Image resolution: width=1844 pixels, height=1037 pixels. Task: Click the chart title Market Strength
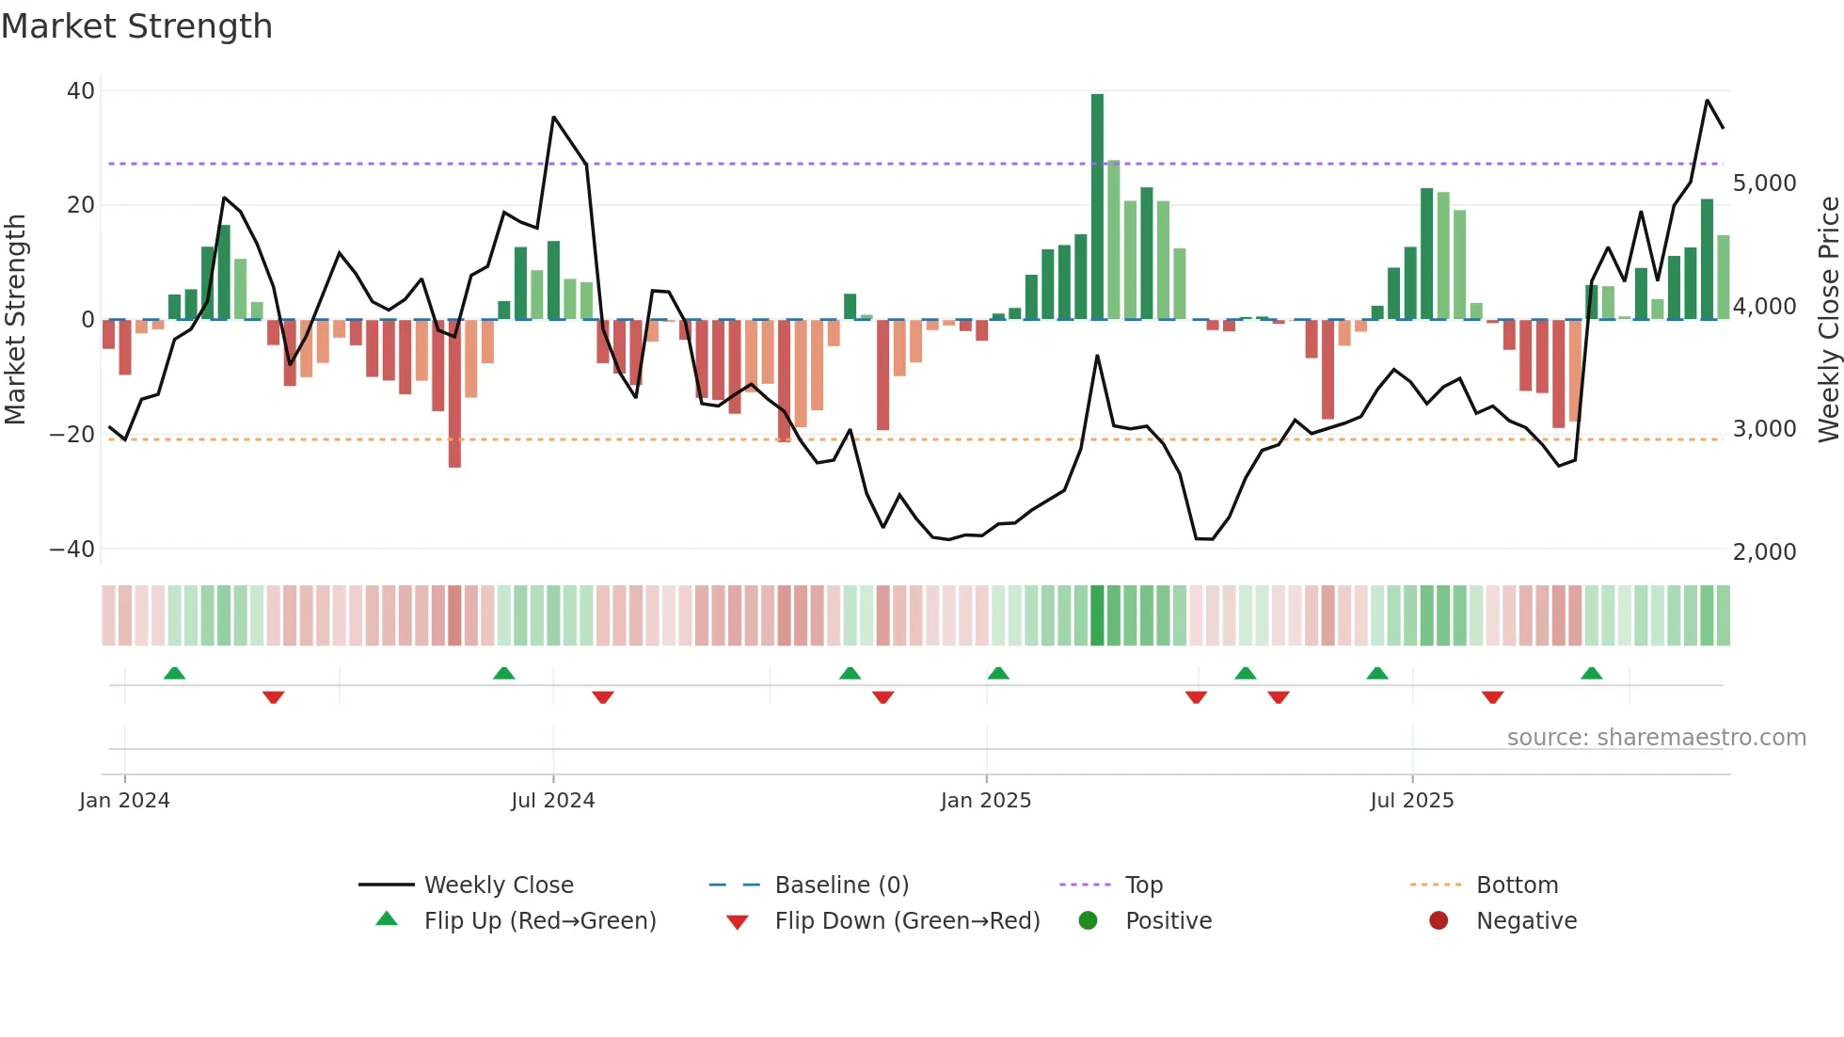136,26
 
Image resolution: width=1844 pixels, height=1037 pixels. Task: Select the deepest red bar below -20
454,393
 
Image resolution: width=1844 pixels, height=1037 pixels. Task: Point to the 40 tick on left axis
81,91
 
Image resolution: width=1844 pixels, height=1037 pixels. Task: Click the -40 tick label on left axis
72,550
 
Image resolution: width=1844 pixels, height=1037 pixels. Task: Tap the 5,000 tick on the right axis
1764,183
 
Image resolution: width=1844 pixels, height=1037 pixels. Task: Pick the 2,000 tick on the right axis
1764,552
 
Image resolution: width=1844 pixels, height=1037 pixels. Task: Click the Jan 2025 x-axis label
985,801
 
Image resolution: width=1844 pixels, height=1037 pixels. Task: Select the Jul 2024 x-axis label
552,801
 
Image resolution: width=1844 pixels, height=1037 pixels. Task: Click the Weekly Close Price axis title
1828,320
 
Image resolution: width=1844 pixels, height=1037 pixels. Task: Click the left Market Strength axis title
15,320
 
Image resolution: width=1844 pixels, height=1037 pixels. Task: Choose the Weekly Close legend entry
498,885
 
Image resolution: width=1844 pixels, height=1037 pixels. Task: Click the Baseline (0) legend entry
841,885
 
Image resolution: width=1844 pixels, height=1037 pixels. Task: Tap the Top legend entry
1143,885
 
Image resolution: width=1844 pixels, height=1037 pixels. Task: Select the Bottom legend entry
1517,885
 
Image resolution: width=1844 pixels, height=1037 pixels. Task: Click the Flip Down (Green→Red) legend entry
907,921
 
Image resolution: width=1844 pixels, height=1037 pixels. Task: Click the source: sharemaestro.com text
1656,738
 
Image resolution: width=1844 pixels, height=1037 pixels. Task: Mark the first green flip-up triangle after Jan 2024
174,673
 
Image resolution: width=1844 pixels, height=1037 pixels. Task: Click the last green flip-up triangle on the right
1591,673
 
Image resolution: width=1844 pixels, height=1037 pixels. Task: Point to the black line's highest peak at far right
1707,101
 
